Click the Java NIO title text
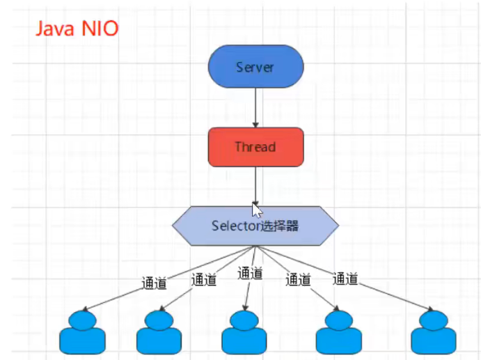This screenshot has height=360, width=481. [x=77, y=29]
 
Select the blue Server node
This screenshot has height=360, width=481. [x=255, y=68]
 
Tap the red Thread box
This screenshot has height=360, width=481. [x=255, y=146]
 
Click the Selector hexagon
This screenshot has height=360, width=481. [x=255, y=226]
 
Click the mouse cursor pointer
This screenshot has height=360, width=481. [x=257, y=210]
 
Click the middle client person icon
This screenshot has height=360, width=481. [x=244, y=334]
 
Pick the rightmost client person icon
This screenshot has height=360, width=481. [x=434, y=334]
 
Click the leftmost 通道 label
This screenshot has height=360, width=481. [x=154, y=283]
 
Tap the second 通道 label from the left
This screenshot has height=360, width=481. [x=203, y=280]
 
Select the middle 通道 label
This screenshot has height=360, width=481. [x=250, y=274]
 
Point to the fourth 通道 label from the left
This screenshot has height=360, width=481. [x=298, y=280]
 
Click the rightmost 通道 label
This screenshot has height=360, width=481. [x=345, y=279]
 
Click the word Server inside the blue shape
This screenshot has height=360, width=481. [x=255, y=68]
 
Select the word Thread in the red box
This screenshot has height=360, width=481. [x=255, y=146]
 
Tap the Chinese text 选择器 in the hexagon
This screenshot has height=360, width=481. [x=280, y=226]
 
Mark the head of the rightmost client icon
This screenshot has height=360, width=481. [x=434, y=319]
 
